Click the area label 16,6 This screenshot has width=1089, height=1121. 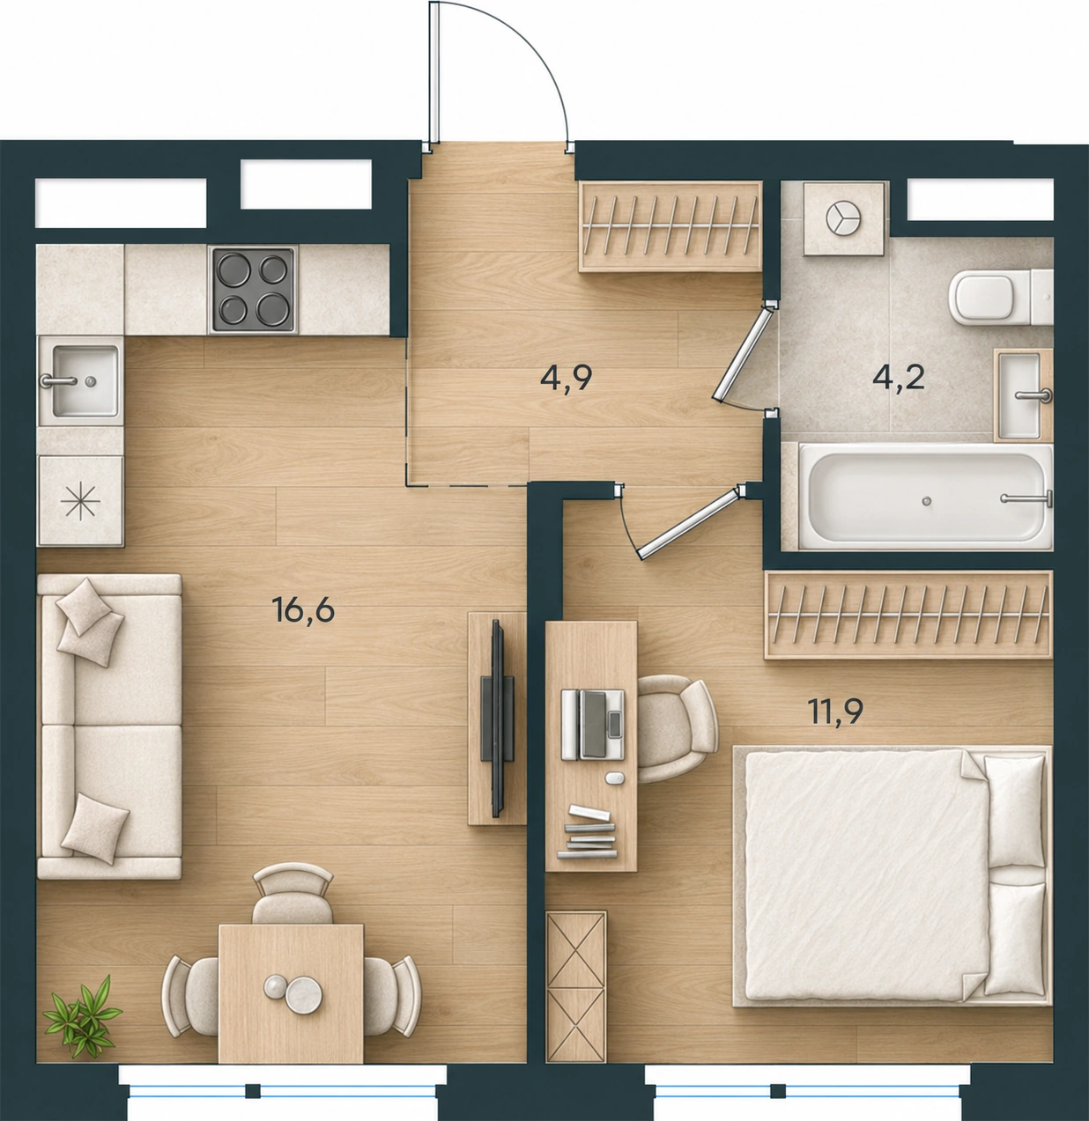[303, 610]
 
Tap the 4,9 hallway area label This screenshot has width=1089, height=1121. [567, 379]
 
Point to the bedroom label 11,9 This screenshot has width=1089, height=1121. [835, 712]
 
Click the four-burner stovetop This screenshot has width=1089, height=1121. [253, 290]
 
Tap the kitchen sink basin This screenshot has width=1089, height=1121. [85, 380]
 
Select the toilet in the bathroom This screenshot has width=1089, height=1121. [1000, 298]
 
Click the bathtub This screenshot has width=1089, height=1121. [925, 497]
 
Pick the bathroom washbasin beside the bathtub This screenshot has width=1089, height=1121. [1023, 395]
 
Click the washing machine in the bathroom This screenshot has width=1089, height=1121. [843, 218]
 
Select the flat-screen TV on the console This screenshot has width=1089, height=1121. [497, 718]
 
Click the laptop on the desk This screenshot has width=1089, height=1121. [593, 724]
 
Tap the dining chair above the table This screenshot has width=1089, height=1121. [293, 894]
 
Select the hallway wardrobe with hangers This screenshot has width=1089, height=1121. [670, 226]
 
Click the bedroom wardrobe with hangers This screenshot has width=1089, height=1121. [908, 615]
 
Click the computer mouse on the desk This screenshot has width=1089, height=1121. [614, 778]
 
